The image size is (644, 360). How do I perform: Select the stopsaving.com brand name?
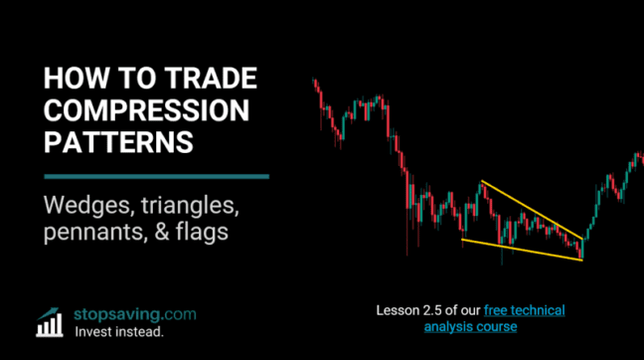[135, 314]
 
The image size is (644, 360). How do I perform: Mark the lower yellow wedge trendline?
[522, 249]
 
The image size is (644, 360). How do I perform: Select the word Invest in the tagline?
[97, 332]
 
